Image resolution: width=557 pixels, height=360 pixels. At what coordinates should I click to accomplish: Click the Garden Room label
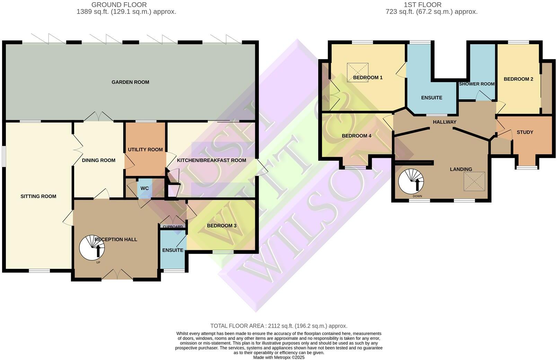click(x=130, y=82)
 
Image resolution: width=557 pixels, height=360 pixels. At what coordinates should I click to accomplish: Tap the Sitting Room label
click(x=38, y=197)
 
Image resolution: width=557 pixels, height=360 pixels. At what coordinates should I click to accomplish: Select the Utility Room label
click(x=145, y=150)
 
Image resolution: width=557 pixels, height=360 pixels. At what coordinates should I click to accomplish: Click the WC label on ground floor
click(x=144, y=189)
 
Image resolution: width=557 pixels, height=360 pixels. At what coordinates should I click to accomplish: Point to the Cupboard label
click(x=173, y=227)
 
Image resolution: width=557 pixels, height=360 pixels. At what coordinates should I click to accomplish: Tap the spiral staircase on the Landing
click(x=411, y=181)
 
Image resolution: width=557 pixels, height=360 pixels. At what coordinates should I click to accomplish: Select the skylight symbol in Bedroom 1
click(x=357, y=72)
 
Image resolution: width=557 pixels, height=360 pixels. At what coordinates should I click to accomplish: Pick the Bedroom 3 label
click(x=222, y=226)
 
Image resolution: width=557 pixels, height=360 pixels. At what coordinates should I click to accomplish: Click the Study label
click(x=525, y=132)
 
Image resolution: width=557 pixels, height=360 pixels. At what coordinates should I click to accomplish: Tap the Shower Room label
click(x=477, y=84)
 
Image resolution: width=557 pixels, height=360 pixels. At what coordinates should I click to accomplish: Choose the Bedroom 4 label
click(x=356, y=136)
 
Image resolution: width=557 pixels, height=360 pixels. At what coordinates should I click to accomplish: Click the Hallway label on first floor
click(x=444, y=122)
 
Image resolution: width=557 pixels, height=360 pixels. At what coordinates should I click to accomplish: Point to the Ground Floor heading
click(x=119, y=5)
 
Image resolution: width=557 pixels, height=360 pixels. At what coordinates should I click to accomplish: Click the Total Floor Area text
click(x=278, y=326)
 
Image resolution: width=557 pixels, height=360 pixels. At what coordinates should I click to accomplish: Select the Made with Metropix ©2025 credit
click(x=278, y=358)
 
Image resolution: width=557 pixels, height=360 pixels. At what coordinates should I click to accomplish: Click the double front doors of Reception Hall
click(x=117, y=275)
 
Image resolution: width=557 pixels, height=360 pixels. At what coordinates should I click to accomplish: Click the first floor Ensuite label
click(x=432, y=98)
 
